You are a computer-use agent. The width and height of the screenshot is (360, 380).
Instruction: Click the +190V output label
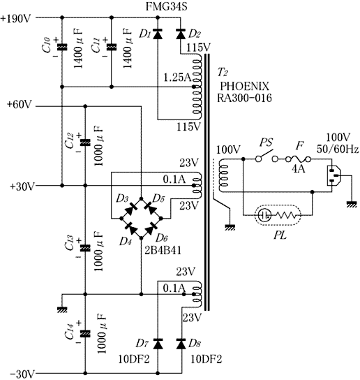(x=17, y=18)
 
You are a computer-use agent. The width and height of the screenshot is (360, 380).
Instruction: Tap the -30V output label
(x=22, y=374)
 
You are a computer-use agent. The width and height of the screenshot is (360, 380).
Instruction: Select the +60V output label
(x=20, y=105)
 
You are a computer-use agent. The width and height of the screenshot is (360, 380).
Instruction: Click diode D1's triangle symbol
(x=158, y=34)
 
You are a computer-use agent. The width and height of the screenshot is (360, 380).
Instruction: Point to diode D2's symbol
(x=181, y=34)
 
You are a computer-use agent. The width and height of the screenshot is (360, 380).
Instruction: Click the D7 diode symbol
(x=158, y=344)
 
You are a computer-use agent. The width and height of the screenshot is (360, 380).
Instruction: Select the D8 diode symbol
(x=181, y=344)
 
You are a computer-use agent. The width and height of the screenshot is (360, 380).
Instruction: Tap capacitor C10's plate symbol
(x=62, y=47)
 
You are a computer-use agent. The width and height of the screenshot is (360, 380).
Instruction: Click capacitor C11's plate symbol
(x=112, y=47)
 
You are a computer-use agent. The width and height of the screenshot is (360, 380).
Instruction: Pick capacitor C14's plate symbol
(x=85, y=334)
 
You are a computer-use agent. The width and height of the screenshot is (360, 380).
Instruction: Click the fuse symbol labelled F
(x=299, y=159)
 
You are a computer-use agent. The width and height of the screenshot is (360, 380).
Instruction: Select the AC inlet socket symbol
(x=334, y=176)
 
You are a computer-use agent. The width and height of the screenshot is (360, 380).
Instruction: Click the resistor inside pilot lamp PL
(x=285, y=215)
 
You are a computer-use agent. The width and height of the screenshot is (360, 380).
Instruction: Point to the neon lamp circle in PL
(x=264, y=215)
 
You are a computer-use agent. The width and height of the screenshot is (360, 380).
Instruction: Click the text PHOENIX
(x=244, y=87)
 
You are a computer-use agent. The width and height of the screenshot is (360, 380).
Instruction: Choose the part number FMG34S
(x=167, y=6)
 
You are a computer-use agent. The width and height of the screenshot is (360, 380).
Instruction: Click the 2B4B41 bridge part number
(x=163, y=250)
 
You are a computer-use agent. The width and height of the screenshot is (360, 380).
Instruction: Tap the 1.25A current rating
(x=177, y=78)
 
